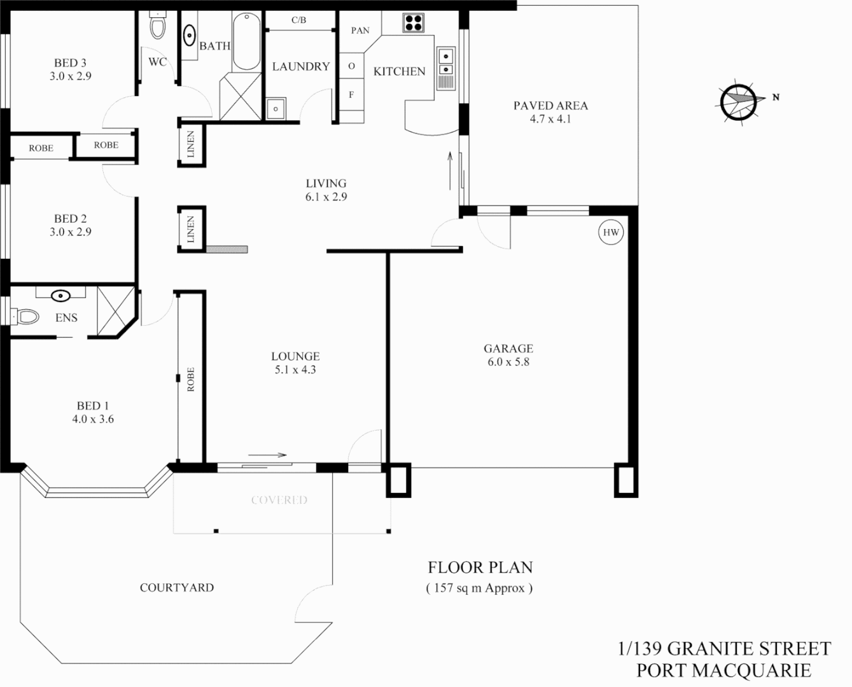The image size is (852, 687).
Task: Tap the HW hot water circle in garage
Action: [x=611, y=233]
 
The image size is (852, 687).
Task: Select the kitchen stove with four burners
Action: [x=413, y=23]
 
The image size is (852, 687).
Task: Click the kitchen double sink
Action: [x=445, y=62]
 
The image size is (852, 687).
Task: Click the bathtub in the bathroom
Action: [x=246, y=41]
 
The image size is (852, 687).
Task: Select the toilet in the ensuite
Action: [x=27, y=316]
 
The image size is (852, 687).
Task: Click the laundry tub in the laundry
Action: [x=276, y=108]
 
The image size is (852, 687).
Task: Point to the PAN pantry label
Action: [x=360, y=31]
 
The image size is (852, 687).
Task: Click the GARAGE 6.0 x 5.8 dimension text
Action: [x=508, y=362]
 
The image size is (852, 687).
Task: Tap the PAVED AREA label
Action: [x=550, y=106]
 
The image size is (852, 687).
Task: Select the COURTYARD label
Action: [x=177, y=588]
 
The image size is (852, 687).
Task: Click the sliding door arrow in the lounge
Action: [x=267, y=455]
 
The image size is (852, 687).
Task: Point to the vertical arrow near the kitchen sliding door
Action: [x=450, y=170]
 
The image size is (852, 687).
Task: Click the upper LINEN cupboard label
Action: [x=191, y=144]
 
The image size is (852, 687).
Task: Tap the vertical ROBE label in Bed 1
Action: [x=190, y=379]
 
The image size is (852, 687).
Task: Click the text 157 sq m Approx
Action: [x=479, y=588]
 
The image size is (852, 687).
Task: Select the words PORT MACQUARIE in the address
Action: [x=723, y=670]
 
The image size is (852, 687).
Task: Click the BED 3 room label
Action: [x=70, y=63]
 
